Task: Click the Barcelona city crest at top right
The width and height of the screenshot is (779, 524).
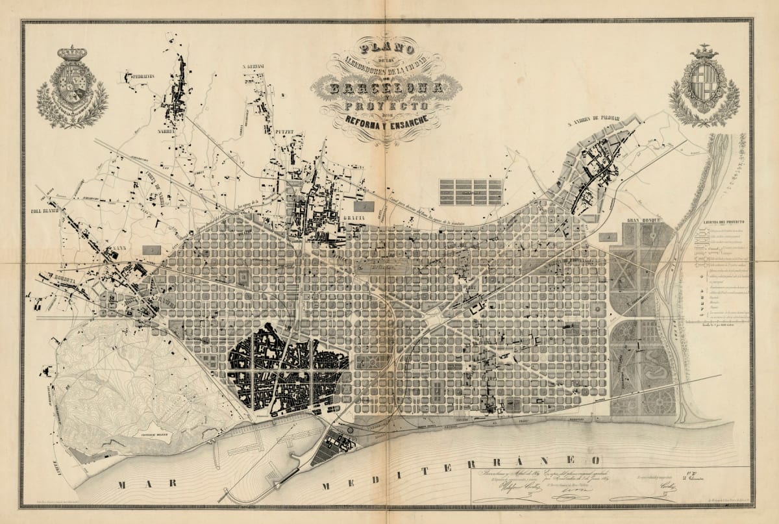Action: pos(704,86)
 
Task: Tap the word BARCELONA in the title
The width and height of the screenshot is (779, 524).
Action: pos(387,87)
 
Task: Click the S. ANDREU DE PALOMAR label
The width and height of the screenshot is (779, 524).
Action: pos(593,120)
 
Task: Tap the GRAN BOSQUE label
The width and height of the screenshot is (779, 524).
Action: pos(643,220)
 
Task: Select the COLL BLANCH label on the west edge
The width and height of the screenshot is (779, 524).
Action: pos(45,211)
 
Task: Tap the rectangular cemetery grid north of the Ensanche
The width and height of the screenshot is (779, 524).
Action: pos(471,192)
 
